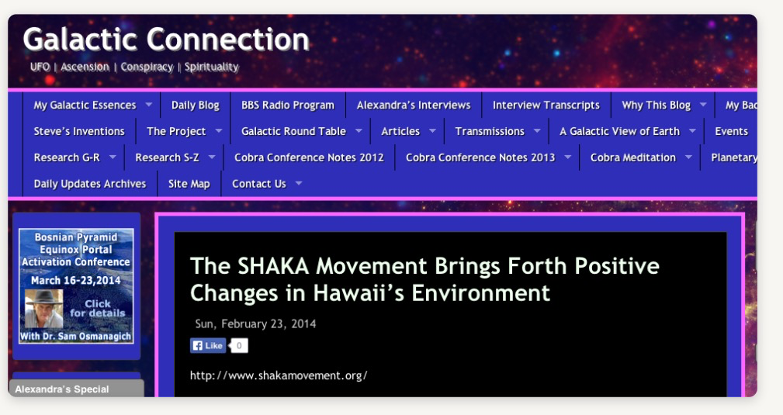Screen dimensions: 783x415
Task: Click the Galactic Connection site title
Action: click(x=166, y=40)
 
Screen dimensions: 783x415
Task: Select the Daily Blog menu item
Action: click(x=196, y=105)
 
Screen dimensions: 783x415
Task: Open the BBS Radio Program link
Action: click(x=288, y=105)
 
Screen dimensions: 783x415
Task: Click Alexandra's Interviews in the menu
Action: click(x=414, y=105)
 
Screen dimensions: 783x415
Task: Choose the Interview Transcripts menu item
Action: click(x=546, y=105)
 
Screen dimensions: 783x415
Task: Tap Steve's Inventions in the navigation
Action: click(x=79, y=131)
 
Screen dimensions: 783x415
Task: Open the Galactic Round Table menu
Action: click(x=293, y=131)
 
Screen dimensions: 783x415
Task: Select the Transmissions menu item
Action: click(x=490, y=131)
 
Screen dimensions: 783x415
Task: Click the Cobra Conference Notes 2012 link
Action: click(x=309, y=157)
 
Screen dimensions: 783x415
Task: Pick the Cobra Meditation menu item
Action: click(x=632, y=157)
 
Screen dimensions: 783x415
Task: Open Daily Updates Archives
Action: click(x=90, y=184)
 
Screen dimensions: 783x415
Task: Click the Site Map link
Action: click(x=189, y=184)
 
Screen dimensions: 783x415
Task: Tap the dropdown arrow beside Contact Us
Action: click(x=299, y=183)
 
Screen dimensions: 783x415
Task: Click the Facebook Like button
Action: click(x=208, y=346)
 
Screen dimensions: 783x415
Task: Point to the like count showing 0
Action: click(x=239, y=346)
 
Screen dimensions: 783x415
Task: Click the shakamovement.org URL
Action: click(x=279, y=375)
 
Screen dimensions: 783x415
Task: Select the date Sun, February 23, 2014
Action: click(x=255, y=324)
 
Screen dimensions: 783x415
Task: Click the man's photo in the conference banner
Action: click(x=44, y=309)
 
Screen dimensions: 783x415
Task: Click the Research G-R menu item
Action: click(x=67, y=157)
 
